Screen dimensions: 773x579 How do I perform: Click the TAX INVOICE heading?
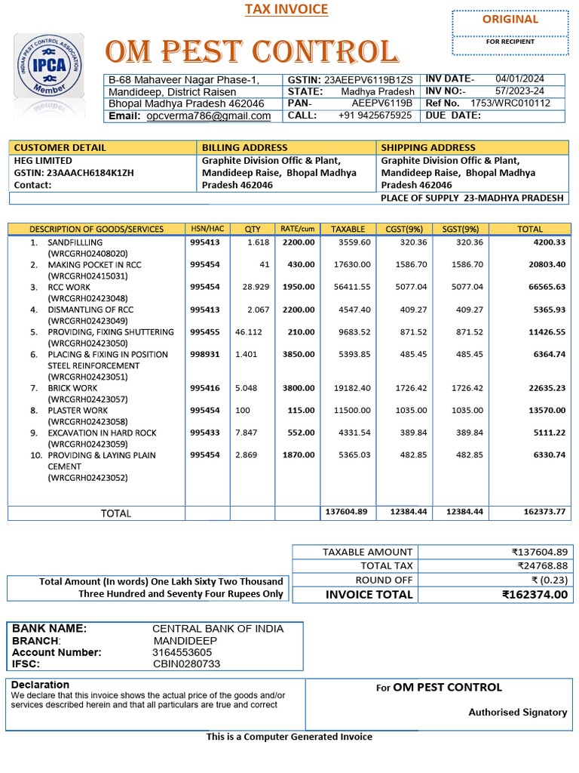tap(286, 10)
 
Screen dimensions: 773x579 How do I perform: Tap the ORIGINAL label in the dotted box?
tap(510, 20)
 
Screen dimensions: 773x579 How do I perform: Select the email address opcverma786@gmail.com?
tap(209, 116)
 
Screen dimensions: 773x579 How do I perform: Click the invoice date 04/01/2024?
tap(519, 79)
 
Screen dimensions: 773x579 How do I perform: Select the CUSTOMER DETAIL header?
tap(60, 147)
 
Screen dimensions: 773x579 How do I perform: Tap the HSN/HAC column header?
tap(207, 229)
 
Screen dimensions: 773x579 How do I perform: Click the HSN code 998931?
tap(205, 355)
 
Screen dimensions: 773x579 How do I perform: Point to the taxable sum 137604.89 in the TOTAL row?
tap(346, 512)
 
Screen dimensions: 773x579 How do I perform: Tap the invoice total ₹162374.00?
tap(535, 595)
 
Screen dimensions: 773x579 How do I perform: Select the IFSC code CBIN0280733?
tap(187, 664)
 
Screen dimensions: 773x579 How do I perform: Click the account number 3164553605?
tap(182, 652)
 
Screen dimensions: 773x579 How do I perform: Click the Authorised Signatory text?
tap(517, 713)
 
